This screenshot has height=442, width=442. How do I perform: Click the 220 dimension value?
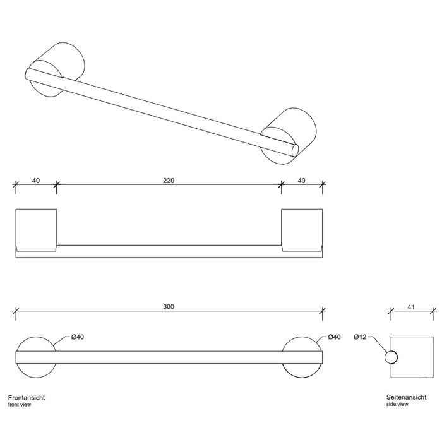(169, 181)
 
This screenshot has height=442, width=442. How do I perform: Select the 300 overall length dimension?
(169, 306)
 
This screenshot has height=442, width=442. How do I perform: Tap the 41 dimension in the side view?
(411, 307)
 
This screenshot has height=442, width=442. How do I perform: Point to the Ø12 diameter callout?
(360, 337)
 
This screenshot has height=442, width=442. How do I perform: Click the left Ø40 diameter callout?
(78, 337)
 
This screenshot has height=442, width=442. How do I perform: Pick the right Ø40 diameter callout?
(334, 337)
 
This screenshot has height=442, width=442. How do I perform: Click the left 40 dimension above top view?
(36, 181)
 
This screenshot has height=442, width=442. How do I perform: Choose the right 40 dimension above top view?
(301, 181)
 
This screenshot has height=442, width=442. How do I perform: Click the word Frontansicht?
(27, 398)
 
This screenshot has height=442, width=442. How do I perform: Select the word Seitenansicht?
(406, 397)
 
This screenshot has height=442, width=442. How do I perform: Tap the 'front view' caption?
(20, 405)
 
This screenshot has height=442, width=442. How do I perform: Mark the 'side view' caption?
(397, 404)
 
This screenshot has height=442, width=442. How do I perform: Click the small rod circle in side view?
(391, 357)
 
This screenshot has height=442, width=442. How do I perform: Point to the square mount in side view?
(412, 357)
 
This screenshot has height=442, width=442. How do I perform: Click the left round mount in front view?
(36, 357)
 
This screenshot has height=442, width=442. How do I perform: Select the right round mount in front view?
(302, 357)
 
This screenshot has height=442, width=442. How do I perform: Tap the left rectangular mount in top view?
(36, 230)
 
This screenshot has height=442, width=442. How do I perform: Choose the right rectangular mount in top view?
(302, 230)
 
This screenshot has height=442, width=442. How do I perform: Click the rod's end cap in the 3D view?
(295, 150)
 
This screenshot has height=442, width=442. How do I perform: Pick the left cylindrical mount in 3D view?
(56, 69)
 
